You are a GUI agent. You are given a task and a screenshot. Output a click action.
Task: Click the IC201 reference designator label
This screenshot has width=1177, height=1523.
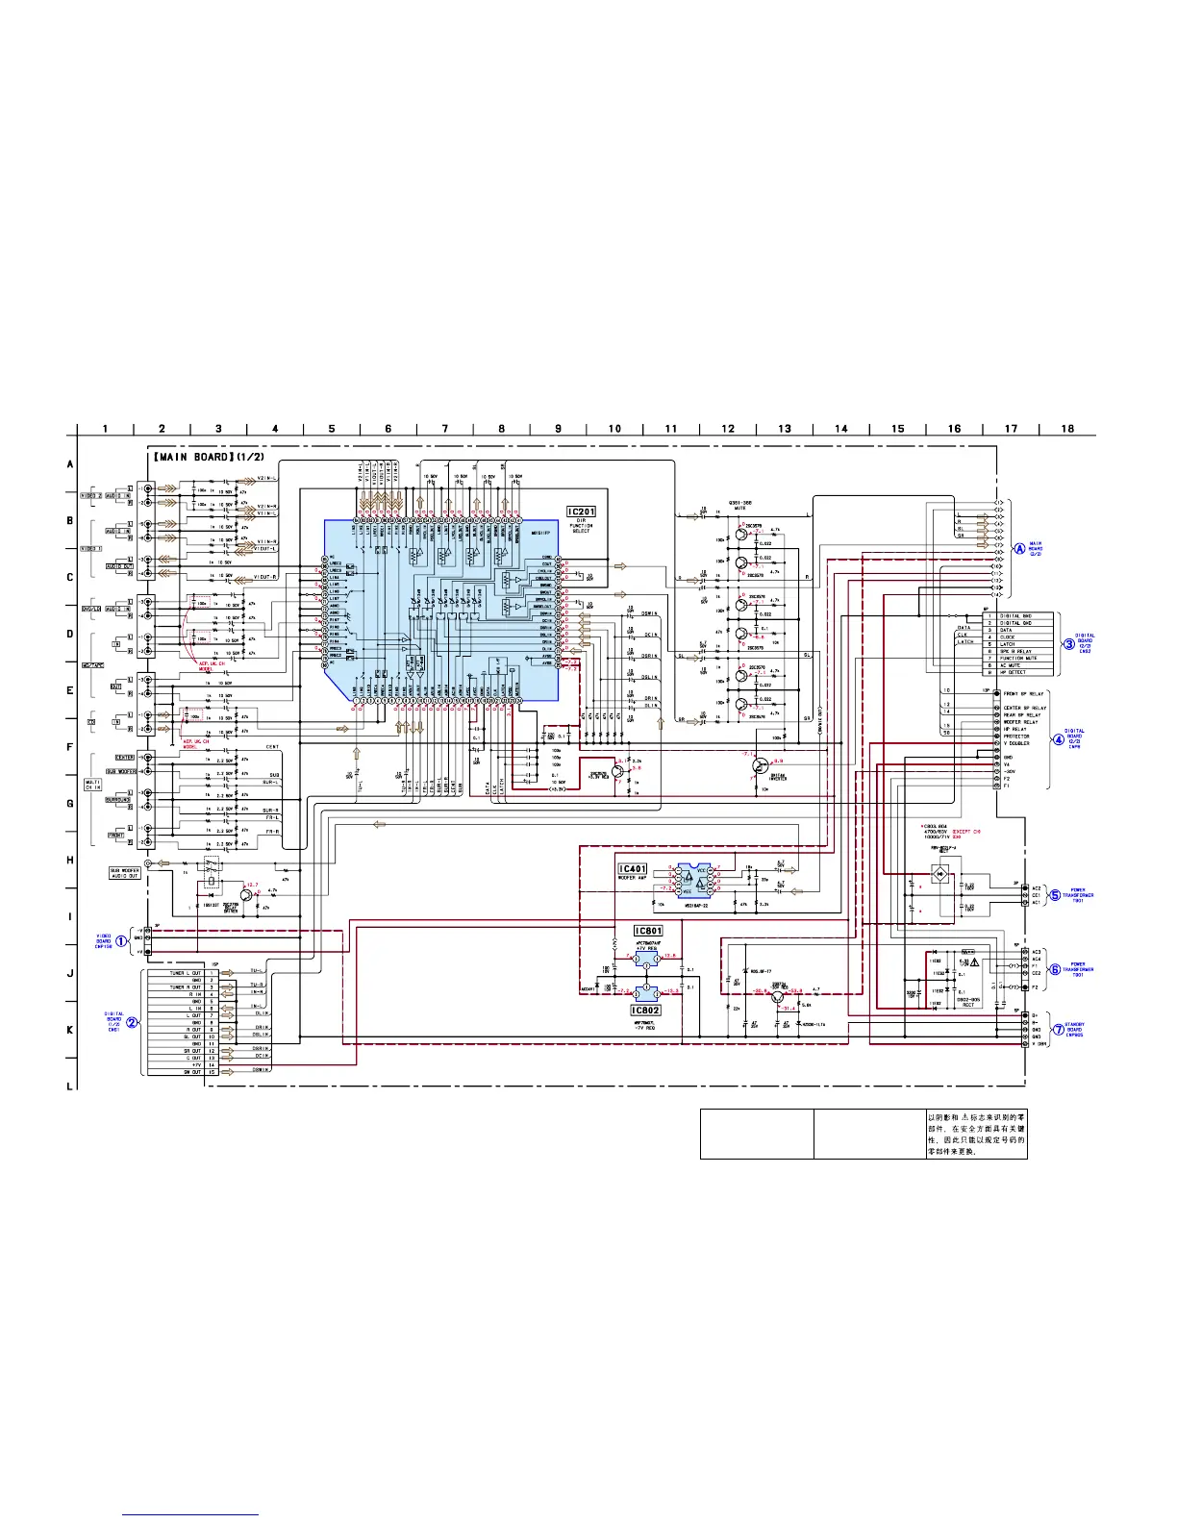[581, 512]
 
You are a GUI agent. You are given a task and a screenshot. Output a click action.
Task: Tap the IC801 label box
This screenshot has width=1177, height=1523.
[648, 931]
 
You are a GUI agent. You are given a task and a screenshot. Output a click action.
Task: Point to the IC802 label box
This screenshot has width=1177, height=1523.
[645, 1011]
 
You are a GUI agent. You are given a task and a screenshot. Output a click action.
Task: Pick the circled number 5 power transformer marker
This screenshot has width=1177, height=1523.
[1055, 894]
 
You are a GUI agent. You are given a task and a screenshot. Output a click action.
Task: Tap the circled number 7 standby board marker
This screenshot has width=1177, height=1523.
[1055, 1030]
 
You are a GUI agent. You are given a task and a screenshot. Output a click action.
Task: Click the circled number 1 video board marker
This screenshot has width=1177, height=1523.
[122, 940]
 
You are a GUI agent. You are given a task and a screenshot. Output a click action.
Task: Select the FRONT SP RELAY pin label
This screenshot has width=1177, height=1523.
[1023, 693]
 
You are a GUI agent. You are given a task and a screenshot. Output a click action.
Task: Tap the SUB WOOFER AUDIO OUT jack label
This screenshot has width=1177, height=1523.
[125, 873]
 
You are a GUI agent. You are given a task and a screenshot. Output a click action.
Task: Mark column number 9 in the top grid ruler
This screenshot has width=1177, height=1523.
[558, 429]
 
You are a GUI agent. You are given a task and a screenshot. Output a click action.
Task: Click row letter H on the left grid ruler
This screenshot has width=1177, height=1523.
[70, 860]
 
